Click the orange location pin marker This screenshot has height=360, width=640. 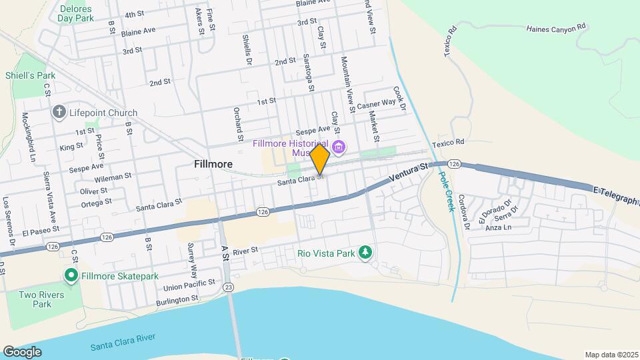[x=319, y=159]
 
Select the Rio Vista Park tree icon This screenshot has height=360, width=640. [x=365, y=252]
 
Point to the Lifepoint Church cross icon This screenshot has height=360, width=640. [x=59, y=113]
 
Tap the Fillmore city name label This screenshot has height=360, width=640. [x=213, y=163]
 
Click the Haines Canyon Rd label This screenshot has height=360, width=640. [x=555, y=28]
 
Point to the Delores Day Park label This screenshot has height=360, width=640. [x=75, y=13]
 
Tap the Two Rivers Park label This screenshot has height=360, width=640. [x=41, y=299]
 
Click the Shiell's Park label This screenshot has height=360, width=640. [x=31, y=75]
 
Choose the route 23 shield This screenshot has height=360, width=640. [x=229, y=287]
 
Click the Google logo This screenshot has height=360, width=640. [x=22, y=352]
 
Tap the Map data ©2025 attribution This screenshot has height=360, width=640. [x=611, y=355]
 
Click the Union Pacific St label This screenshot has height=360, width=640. [x=189, y=285]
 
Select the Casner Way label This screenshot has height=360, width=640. [x=376, y=105]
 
